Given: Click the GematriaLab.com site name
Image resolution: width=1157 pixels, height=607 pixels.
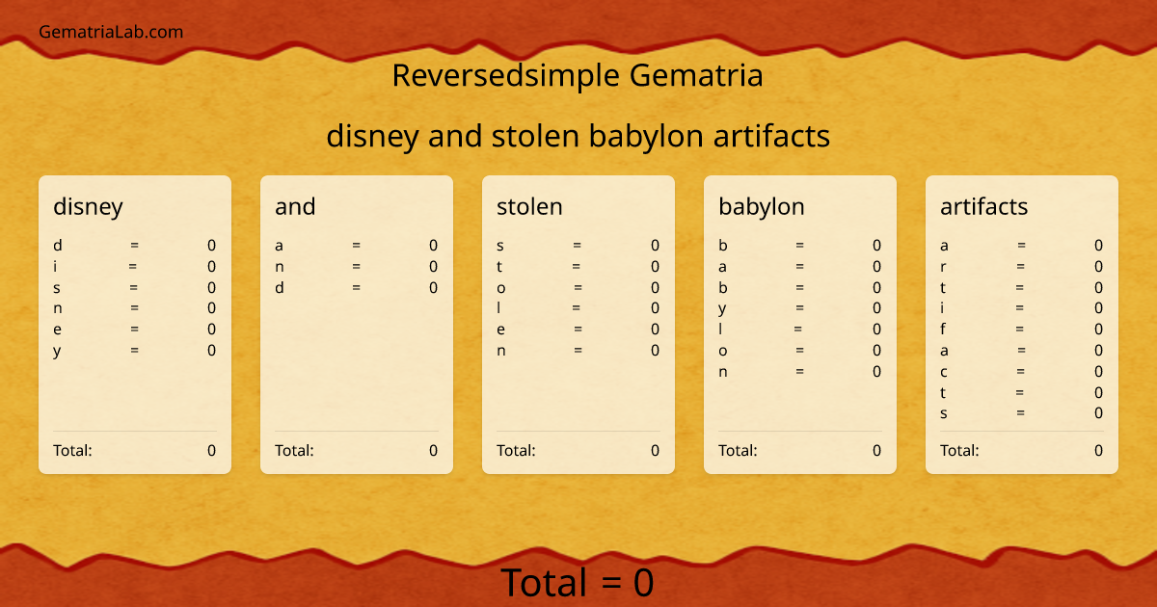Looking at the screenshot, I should pos(111,32).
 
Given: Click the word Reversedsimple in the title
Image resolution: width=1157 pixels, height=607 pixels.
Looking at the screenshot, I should pos(507,75).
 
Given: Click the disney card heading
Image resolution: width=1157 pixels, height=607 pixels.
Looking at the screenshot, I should pos(88,206).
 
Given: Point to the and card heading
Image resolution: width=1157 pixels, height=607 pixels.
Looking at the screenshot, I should pos(295,206).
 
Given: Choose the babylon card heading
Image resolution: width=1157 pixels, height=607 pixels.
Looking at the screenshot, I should pos(761,206).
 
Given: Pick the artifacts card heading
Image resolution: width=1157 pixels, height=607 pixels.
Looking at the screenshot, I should pos(983,206).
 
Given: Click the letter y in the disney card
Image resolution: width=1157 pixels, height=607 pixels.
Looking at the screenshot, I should pos(57,351).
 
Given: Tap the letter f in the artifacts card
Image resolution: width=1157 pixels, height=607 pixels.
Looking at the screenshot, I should pos(943,330).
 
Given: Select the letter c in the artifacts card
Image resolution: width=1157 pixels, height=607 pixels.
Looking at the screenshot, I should pos(944,372).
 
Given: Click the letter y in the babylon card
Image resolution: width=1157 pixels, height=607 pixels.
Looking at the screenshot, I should pos(722,308).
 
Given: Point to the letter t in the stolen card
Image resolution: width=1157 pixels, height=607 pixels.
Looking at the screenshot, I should pos(499,267).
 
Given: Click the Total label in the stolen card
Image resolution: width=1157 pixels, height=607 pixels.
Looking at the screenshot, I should pos(516,450).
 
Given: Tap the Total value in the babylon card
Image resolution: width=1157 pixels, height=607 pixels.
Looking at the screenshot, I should pos(876,450).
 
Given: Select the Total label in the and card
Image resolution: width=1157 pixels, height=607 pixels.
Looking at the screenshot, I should pos(294,450).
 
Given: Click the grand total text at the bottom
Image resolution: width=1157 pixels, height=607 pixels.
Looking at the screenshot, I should pos(577,583).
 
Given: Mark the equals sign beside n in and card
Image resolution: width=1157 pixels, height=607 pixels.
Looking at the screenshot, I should pos(356,267).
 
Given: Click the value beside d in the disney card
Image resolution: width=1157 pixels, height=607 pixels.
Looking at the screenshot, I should pos(211,246).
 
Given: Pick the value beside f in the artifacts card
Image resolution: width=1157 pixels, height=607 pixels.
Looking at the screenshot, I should pos(1098,330).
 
